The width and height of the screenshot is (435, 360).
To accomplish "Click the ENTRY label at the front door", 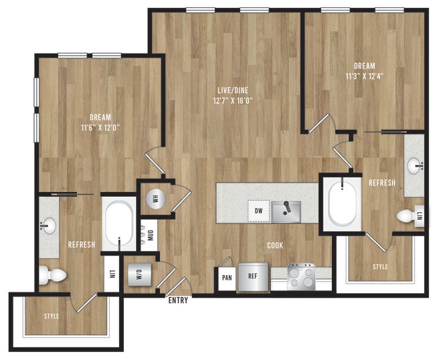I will pyautogui.click(x=178, y=300).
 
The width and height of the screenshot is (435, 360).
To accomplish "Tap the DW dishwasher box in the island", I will pyautogui.click(x=258, y=211).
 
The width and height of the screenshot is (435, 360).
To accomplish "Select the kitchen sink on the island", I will pyautogui.click(x=286, y=211).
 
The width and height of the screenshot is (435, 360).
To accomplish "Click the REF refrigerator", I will pyautogui.click(x=252, y=276).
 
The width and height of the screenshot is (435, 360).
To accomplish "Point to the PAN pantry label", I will pyautogui.click(x=227, y=276).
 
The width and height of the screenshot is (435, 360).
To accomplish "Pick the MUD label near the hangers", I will pyautogui.click(x=151, y=236).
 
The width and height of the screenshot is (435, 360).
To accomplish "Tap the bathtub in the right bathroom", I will pyautogui.click(x=344, y=202).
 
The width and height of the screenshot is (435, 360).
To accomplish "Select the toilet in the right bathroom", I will pyautogui.click(x=407, y=215).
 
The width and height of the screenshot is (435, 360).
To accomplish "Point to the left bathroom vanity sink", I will pyautogui.click(x=48, y=226).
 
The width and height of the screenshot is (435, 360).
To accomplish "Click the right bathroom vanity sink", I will pyautogui.click(x=416, y=164).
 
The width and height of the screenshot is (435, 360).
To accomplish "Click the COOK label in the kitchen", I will pyautogui.click(x=274, y=246).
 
